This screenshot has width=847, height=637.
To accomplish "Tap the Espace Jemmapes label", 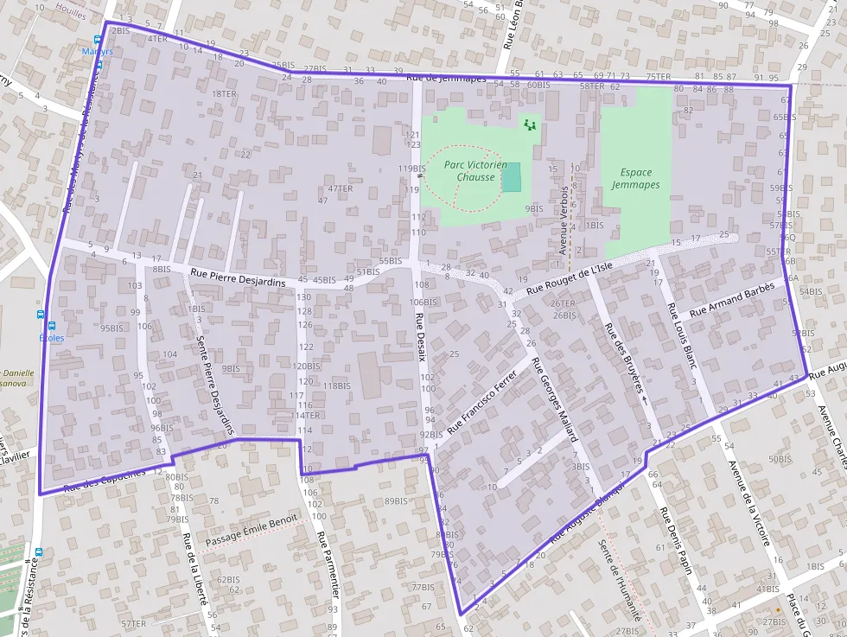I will tap(635, 179).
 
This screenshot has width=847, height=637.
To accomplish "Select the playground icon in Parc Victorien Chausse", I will tap(530, 125).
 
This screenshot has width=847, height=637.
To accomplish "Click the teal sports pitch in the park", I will tap(512, 177).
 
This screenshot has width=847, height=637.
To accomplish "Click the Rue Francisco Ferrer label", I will tap(481, 402).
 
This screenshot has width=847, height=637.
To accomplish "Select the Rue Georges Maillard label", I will tap(553, 399).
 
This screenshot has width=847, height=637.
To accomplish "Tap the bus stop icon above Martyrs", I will tap(98, 40).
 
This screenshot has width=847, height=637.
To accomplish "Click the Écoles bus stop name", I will tap(52, 338).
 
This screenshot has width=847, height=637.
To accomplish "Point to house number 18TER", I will tap(224, 93).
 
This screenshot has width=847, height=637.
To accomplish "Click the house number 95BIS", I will tap(112, 328).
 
